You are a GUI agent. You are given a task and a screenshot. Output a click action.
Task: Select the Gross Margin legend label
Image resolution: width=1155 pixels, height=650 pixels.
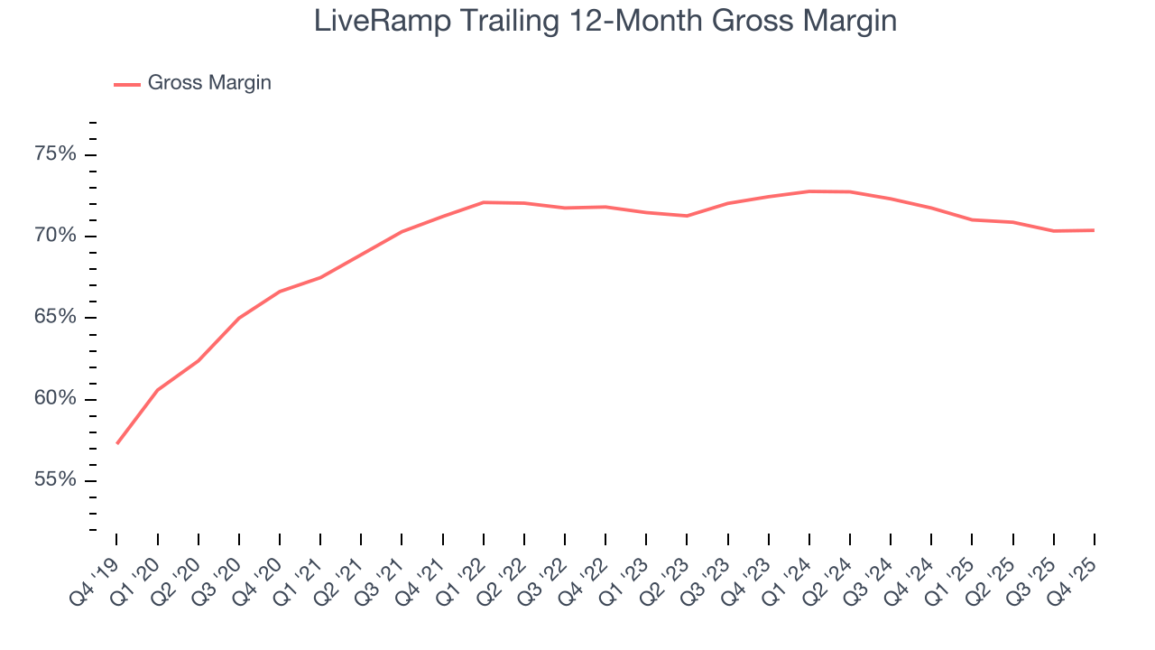point(209,83)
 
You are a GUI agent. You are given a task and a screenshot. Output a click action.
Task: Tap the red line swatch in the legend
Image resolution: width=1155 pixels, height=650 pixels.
point(127,84)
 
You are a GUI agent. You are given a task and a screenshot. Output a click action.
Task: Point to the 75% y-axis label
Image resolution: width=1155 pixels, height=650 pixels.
point(55,154)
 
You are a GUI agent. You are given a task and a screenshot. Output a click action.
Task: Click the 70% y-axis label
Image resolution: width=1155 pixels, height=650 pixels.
point(55,237)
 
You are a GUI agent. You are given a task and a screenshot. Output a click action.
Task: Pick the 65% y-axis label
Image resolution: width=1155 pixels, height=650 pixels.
point(55,318)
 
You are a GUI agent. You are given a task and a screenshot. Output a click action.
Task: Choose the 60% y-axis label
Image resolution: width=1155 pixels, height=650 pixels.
point(55,399)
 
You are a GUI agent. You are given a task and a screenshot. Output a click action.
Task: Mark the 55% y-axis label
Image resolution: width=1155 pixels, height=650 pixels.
point(55,480)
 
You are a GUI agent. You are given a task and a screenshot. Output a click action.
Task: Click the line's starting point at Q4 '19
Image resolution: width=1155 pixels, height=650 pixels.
point(117,443)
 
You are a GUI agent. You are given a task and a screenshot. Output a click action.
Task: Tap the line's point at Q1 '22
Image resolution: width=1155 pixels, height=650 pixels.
point(484,202)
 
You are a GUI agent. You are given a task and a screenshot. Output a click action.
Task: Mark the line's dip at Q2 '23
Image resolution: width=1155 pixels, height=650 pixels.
point(687,216)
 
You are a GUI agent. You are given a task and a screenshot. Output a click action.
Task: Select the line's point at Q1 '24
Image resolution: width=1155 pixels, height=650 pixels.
point(809,191)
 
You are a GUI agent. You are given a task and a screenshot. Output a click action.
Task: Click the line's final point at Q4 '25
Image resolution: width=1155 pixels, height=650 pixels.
point(1094,230)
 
